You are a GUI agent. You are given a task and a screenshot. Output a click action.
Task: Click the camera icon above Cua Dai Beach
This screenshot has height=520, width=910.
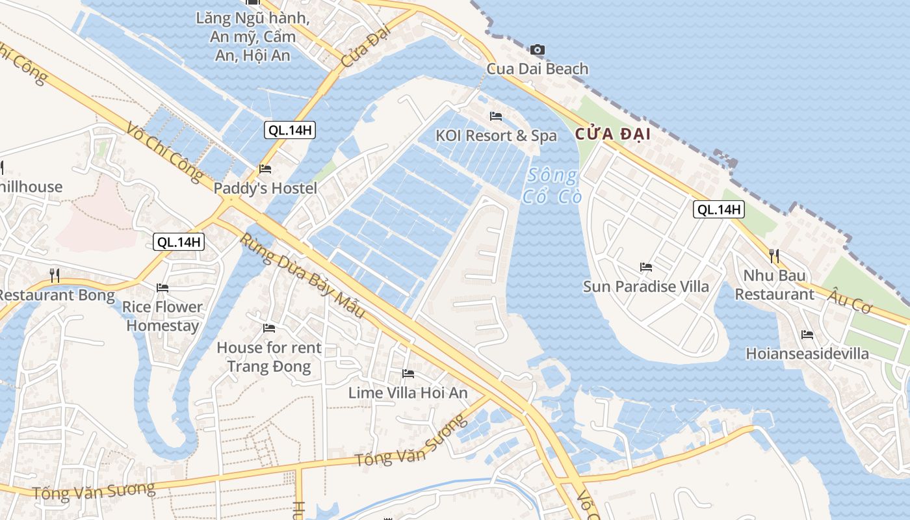point(538,49)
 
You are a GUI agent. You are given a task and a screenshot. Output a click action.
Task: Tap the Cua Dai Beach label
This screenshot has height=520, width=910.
point(538,68)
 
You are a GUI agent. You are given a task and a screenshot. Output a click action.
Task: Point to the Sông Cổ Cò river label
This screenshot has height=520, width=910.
point(552,186)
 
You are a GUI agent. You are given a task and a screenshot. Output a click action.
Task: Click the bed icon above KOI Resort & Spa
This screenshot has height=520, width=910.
point(496,116)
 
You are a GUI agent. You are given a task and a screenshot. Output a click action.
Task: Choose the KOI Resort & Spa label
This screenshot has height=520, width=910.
point(496,135)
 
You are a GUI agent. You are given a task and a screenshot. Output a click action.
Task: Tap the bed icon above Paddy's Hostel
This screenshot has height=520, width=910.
point(265,169)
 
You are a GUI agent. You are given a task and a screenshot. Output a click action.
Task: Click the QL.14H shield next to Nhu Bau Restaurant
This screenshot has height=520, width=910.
point(718,209)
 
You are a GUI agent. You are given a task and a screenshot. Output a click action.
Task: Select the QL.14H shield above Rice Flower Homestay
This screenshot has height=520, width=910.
point(179,242)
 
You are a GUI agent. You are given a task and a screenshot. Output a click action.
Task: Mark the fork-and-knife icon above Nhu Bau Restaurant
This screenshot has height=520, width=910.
point(773,255)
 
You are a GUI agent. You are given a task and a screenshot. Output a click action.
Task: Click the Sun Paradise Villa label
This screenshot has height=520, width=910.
point(645,286)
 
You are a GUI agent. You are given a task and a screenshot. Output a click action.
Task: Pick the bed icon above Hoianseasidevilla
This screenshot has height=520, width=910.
point(807,335)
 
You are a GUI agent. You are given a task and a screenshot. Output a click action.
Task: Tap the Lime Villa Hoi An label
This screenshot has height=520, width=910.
point(408,393)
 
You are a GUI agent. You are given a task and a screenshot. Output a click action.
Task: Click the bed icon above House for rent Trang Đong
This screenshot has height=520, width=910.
point(269,328)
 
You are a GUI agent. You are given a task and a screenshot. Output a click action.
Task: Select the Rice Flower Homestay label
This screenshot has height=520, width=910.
point(162,316)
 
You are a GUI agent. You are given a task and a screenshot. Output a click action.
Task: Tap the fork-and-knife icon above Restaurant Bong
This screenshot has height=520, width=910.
point(55,276)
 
